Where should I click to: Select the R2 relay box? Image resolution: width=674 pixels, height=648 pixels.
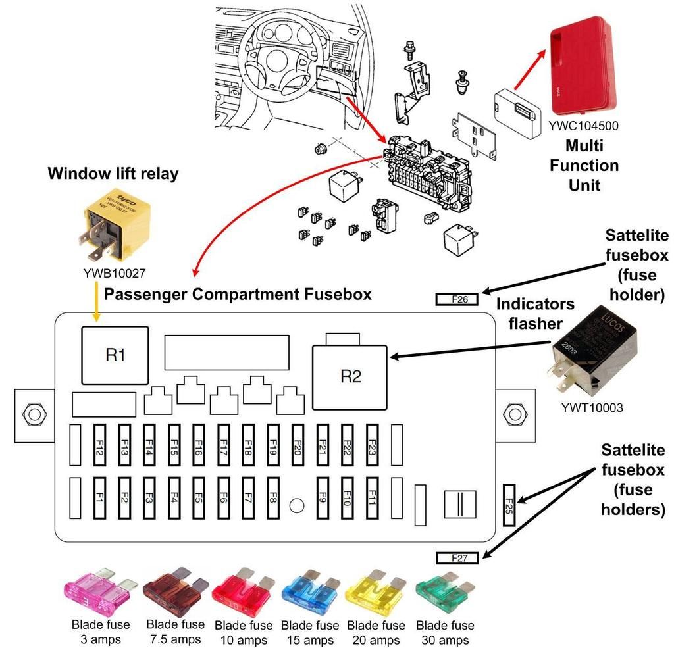[351, 376]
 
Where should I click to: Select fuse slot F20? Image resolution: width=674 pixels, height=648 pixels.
[298, 444]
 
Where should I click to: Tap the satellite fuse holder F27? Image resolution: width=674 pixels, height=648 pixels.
[459, 559]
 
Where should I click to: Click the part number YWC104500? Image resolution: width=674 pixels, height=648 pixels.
[585, 126]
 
